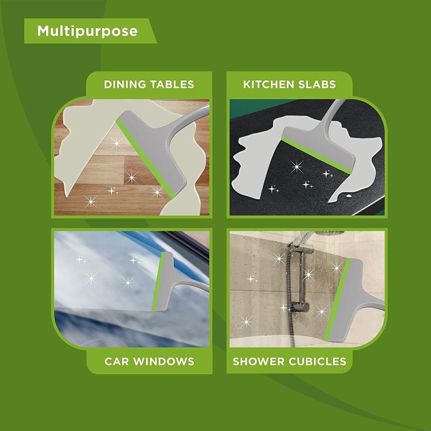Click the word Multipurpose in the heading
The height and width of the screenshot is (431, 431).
click(88, 31)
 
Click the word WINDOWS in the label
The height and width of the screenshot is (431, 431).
click(164, 361)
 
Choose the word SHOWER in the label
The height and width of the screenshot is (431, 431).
click(259, 361)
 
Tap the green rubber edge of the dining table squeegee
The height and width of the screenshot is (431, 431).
click(145, 159)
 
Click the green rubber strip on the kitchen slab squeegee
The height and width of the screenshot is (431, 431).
click(316, 156)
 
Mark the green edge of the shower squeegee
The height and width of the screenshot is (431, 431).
click(337, 300)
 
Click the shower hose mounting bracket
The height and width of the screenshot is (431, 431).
click(300, 306)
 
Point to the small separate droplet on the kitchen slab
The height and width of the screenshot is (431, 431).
click(349, 196)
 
